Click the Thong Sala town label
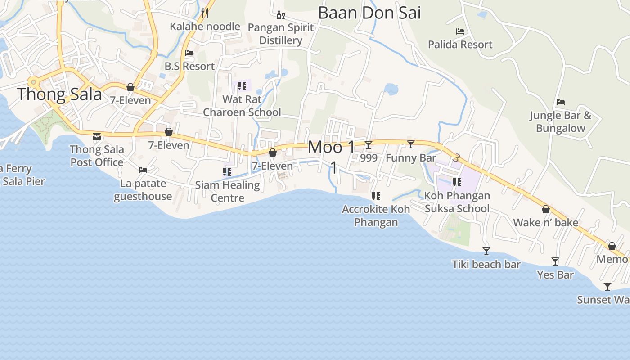point(59,94)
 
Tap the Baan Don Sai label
point(369,13)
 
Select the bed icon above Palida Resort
point(460,31)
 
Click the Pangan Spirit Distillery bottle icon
point(280,15)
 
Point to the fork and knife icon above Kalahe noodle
point(205,13)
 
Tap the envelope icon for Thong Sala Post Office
point(97,137)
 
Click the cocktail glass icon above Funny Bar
point(411,144)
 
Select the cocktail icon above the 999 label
point(369,144)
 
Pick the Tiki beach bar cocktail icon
point(486,251)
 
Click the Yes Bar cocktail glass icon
point(555,261)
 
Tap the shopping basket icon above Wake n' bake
point(546,209)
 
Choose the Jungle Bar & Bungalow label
point(560,121)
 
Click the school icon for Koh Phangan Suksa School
point(457,182)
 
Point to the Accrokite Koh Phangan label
point(376,216)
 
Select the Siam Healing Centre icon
point(227,171)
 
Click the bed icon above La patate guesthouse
point(143,170)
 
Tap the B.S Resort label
point(189,66)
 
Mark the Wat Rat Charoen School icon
point(242,85)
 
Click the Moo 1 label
point(331,148)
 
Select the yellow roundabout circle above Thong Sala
point(32,82)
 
